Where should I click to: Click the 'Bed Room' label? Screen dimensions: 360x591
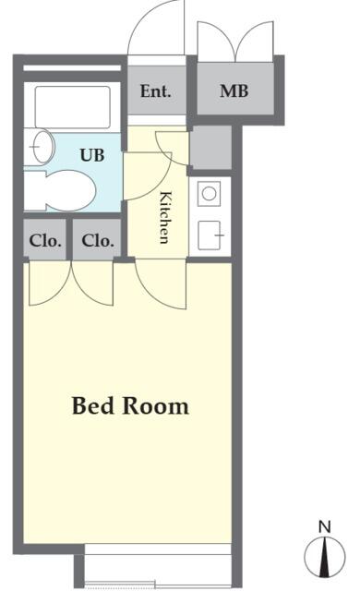130,405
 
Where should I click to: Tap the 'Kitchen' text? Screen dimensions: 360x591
165,218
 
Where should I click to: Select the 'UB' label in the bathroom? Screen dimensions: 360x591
92,155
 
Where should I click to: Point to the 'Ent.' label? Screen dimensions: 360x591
155,91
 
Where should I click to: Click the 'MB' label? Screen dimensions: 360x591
234,90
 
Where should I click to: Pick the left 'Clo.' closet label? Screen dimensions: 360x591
45,240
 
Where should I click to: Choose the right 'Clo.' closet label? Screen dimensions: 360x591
98,240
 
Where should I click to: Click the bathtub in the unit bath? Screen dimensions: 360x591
73,107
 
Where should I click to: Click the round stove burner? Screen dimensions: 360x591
209,194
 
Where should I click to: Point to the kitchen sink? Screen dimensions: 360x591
209,235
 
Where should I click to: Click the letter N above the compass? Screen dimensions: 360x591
324,526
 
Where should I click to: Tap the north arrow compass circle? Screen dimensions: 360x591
325,557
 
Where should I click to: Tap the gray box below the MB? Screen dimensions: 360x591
210,148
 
